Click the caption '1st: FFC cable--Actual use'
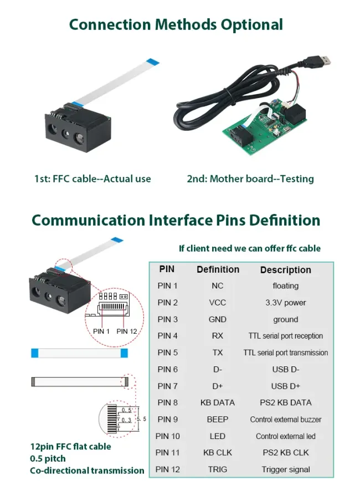click(x=92, y=178)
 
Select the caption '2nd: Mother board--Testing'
click(x=250, y=178)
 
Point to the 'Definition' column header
click(x=218, y=269)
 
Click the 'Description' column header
click(x=285, y=270)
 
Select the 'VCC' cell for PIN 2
click(x=218, y=303)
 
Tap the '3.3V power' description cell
click(x=285, y=303)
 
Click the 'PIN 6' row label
click(x=168, y=369)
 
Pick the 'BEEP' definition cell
click(x=218, y=419)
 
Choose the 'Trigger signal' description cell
click(x=285, y=469)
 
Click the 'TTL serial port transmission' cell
click(x=285, y=353)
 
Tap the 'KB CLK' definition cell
click(x=218, y=452)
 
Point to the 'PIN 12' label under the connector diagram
click(x=127, y=331)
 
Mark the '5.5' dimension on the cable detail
click(x=141, y=419)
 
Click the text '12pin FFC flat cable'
click(x=70, y=446)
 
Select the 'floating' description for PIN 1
click(x=285, y=286)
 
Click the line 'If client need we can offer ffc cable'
click(x=249, y=248)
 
